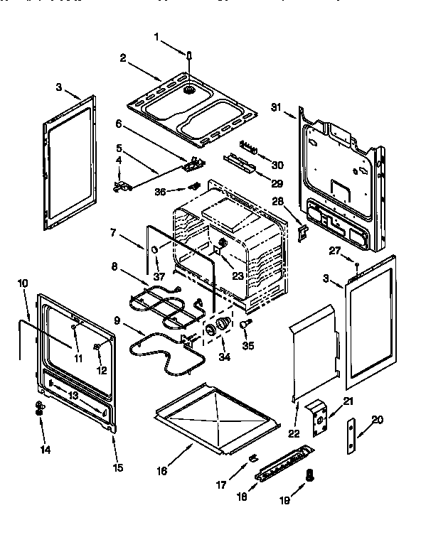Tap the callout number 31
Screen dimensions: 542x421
coord(277,107)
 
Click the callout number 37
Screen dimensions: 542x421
coord(158,275)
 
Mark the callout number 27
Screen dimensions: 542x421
coord(333,251)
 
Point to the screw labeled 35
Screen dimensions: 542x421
coord(245,323)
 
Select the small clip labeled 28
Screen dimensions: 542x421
coord(302,231)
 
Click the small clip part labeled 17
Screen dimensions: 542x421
coord(252,457)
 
